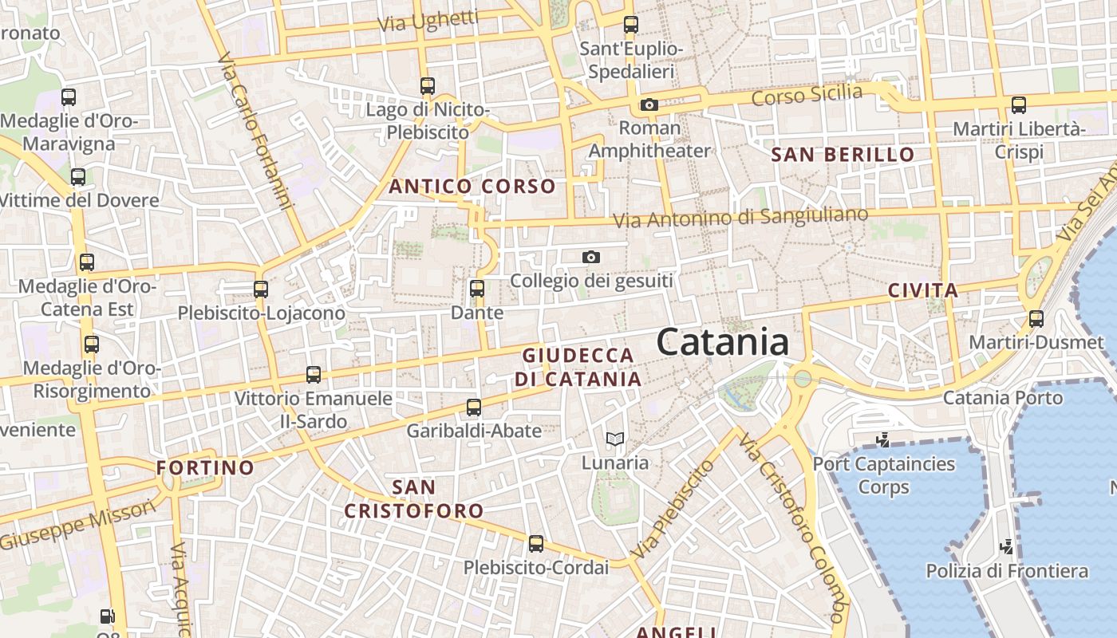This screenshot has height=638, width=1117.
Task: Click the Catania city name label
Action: [723, 343]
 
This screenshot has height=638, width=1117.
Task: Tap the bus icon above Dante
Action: [477, 289]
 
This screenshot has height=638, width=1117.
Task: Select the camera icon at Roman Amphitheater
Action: [649, 104]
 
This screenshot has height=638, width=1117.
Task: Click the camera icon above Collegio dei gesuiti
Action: [590, 257]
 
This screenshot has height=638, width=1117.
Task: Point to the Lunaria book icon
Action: [614, 439]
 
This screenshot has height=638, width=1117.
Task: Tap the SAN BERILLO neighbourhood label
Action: [843, 155]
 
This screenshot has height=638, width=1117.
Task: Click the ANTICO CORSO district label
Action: [472, 187]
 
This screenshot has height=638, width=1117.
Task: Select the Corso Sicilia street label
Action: [807, 95]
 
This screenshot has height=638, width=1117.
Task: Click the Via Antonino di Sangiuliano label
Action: [740, 217]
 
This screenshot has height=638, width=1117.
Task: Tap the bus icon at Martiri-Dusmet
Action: [1036, 319]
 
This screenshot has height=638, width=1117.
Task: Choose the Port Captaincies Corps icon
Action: [882, 439]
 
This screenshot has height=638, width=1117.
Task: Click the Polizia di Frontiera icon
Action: [1007, 547]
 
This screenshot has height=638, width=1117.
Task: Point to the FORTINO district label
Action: [205, 468]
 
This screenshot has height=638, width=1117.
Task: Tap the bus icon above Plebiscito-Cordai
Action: [536, 544]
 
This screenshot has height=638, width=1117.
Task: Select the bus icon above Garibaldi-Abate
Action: [474, 408]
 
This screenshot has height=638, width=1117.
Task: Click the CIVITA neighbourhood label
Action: [923, 290]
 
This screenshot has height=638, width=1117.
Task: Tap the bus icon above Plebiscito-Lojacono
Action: [261, 289]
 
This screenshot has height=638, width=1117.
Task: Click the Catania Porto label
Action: [1003, 397]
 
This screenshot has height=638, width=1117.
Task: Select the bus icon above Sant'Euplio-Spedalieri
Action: [631, 25]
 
